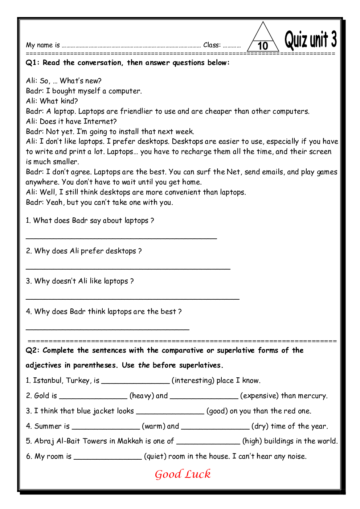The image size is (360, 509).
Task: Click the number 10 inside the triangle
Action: click(263, 46)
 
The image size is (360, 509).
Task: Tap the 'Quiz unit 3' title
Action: click(310, 40)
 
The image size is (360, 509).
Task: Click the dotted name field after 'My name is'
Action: click(131, 46)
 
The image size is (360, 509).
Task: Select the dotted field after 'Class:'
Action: click(232, 46)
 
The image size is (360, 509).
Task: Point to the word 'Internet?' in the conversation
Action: click(100, 122)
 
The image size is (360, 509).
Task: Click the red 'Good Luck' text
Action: click(183, 474)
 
